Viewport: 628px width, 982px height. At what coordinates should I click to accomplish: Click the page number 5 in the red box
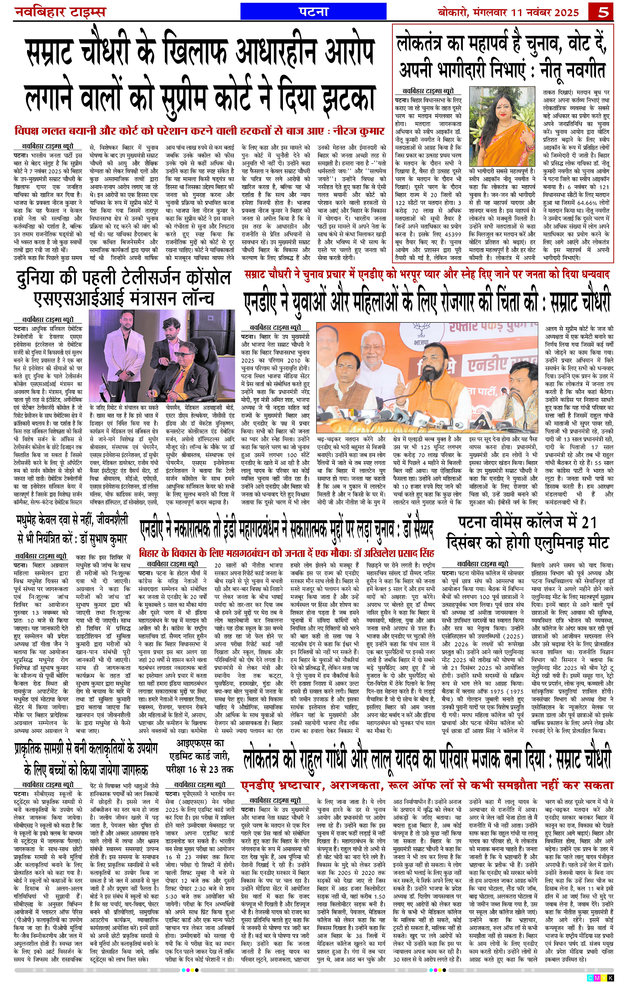(x=602, y=12)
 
